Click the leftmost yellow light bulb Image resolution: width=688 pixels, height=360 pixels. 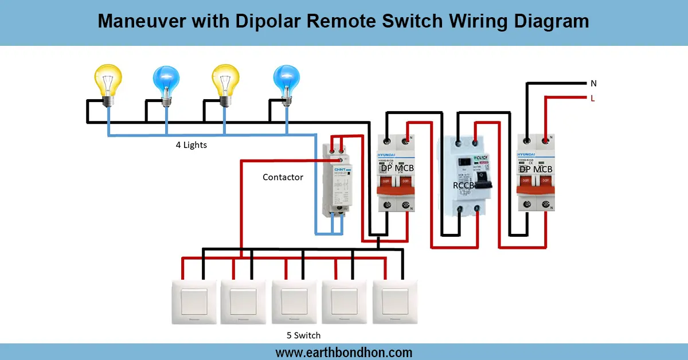pos(108,82)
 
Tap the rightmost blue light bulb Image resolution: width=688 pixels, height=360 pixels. pos(286,82)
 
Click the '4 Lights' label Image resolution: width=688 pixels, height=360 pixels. pos(191,145)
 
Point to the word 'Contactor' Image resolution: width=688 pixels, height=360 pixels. pos(283,177)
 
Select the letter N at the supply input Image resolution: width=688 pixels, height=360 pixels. pos(593,84)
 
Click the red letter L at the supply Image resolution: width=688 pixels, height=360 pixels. pos(593,98)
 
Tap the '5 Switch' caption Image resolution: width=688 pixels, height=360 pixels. pos(303,335)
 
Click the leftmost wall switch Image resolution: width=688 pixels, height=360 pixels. pos(194,302)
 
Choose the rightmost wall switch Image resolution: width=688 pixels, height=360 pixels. pos(396,302)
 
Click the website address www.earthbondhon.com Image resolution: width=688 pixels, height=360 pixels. pos(343,352)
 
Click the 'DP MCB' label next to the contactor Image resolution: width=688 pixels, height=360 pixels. pos(397,169)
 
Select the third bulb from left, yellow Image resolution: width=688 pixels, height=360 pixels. pos(225,82)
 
